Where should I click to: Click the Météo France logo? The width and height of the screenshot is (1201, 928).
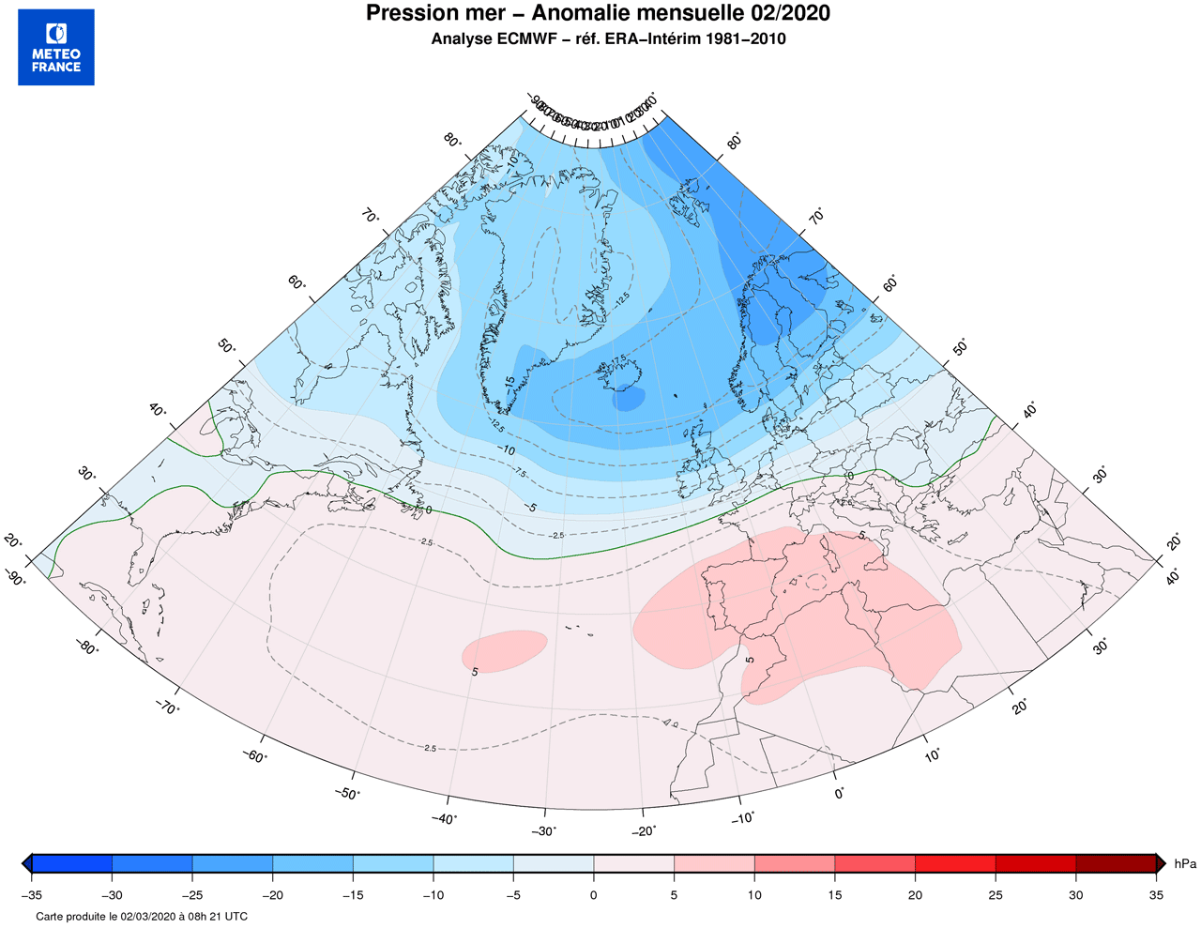click(56, 48)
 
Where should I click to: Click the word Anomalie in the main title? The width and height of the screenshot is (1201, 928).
click(582, 13)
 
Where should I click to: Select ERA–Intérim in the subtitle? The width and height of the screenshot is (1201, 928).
click(657, 39)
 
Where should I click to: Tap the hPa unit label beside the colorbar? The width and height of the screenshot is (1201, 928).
click(1185, 864)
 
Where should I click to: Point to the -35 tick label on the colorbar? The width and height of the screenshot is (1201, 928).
click(31, 895)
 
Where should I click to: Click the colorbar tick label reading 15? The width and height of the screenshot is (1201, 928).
click(834, 895)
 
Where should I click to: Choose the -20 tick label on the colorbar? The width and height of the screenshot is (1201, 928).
click(272, 895)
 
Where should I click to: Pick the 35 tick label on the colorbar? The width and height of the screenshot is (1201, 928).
click(1156, 895)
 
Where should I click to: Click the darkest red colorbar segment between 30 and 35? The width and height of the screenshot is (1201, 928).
click(1116, 863)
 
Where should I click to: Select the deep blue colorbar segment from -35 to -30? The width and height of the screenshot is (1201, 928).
click(72, 863)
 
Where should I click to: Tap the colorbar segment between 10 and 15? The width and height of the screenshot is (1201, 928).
click(795, 863)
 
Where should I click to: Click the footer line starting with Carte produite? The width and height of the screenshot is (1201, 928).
click(142, 916)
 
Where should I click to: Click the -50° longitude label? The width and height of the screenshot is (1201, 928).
click(347, 794)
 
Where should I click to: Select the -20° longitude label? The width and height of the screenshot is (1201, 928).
click(644, 829)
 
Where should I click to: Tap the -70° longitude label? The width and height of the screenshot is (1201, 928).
click(165, 707)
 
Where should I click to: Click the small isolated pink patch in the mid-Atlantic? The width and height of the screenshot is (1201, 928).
click(504, 650)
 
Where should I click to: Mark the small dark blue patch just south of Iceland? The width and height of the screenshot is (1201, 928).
click(629, 399)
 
